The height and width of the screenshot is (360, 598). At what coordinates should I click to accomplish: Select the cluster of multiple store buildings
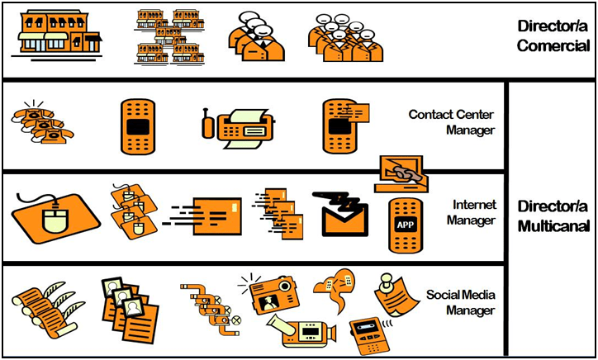pos(169,36)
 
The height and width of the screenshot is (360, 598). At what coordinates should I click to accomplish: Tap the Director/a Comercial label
pos(553,36)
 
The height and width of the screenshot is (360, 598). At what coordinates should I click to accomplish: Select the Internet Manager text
pos(471,212)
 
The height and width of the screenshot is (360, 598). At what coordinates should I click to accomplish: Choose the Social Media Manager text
pos(460,302)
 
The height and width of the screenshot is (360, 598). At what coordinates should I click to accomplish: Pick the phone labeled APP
pos(406,225)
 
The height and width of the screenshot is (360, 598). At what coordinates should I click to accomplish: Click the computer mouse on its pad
pos(55,216)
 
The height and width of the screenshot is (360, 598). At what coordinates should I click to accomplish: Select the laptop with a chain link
pos(400,174)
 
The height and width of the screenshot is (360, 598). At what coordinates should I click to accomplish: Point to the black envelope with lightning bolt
pos(339,215)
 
